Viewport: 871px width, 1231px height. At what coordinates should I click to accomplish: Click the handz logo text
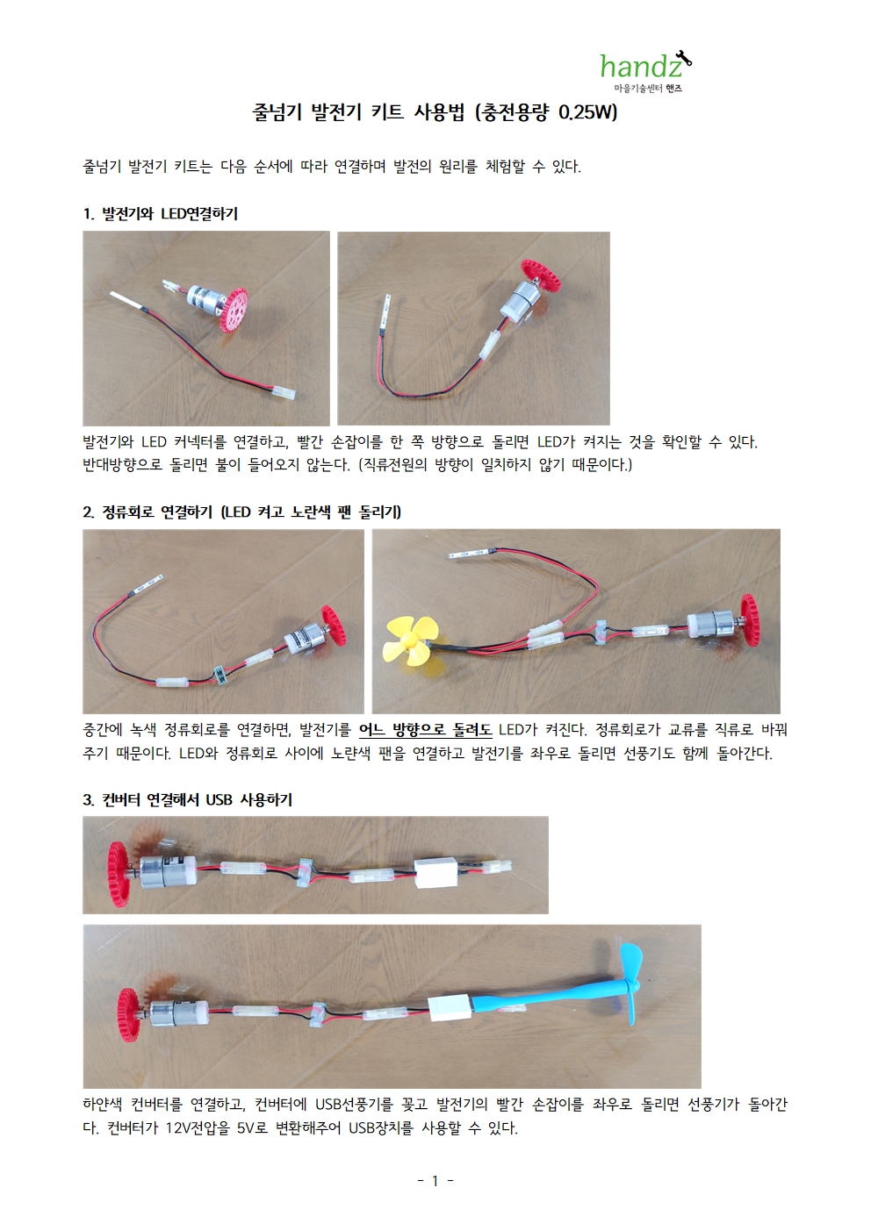[x=641, y=66]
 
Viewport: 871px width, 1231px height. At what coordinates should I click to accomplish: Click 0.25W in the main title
[x=587, y=112]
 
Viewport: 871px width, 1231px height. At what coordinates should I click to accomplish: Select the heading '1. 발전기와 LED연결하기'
[x=161, y=213]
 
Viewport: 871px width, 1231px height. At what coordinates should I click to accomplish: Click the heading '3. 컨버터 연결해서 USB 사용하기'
[x=188, y=799]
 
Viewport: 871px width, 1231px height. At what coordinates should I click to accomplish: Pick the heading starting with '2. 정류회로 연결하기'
[x=242, y=512]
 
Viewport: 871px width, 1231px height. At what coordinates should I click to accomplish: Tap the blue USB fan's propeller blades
[x=633, y=992]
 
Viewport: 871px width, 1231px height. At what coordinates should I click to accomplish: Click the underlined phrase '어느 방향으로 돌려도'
[x=425, y=730]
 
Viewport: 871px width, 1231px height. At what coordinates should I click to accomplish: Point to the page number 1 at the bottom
[x=435, y=1181]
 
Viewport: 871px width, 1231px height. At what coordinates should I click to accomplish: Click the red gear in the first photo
[x=231, y=310]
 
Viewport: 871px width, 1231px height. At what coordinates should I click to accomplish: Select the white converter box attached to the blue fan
[x=448, y=1009]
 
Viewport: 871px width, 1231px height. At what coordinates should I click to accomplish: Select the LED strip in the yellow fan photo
[x=471, y=554]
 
